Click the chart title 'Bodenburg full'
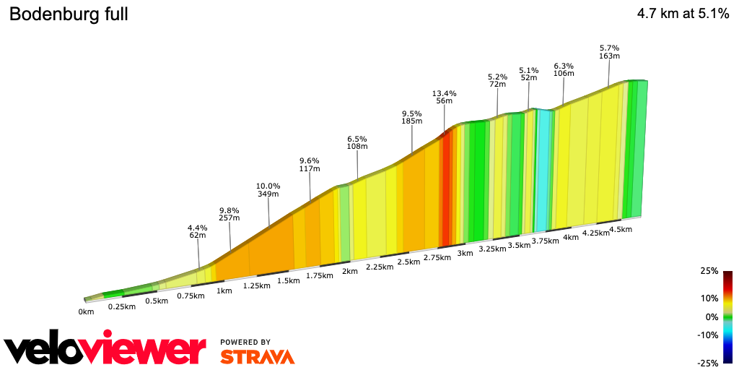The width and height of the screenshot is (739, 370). pyautogui.click(x=69, y=14)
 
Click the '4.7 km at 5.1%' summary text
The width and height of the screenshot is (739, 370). pyautogui.click(x=683, y=14)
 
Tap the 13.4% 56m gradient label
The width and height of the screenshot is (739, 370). pyautogui.click(x=444, y=98)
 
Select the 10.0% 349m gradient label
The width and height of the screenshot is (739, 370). pyautogui.click(x=268, y=190)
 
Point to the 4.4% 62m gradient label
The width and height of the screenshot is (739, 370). pyautogui.click(x=198, y=232)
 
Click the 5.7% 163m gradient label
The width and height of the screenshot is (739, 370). pyautogui.click(x=609, y=52)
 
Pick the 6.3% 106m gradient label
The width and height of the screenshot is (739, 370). pyautogui.click(x=564, y=69)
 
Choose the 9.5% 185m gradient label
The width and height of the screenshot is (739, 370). pyautogui.click(x=411, y=118)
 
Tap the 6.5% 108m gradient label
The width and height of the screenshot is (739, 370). pyautogui.click(x=357, y=142)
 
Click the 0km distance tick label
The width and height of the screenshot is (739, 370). pyautogui.click(x=87, y=312)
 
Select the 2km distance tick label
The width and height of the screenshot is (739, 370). pyautogui.click(x=349, y=271)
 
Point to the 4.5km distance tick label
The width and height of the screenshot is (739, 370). pyautogui.click(x=621, y=230)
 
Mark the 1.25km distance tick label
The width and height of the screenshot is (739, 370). pyautogui.click(x=256, y=285)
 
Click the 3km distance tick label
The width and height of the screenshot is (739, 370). pyautogui.click(x=465, y=253)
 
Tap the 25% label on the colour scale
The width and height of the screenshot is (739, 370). pyautogui.click(x=708, y=271)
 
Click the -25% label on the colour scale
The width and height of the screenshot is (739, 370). pyautogui.click(x=708, y=363)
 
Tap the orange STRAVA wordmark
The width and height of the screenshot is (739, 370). pyautogui.click(x=257, y=356)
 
